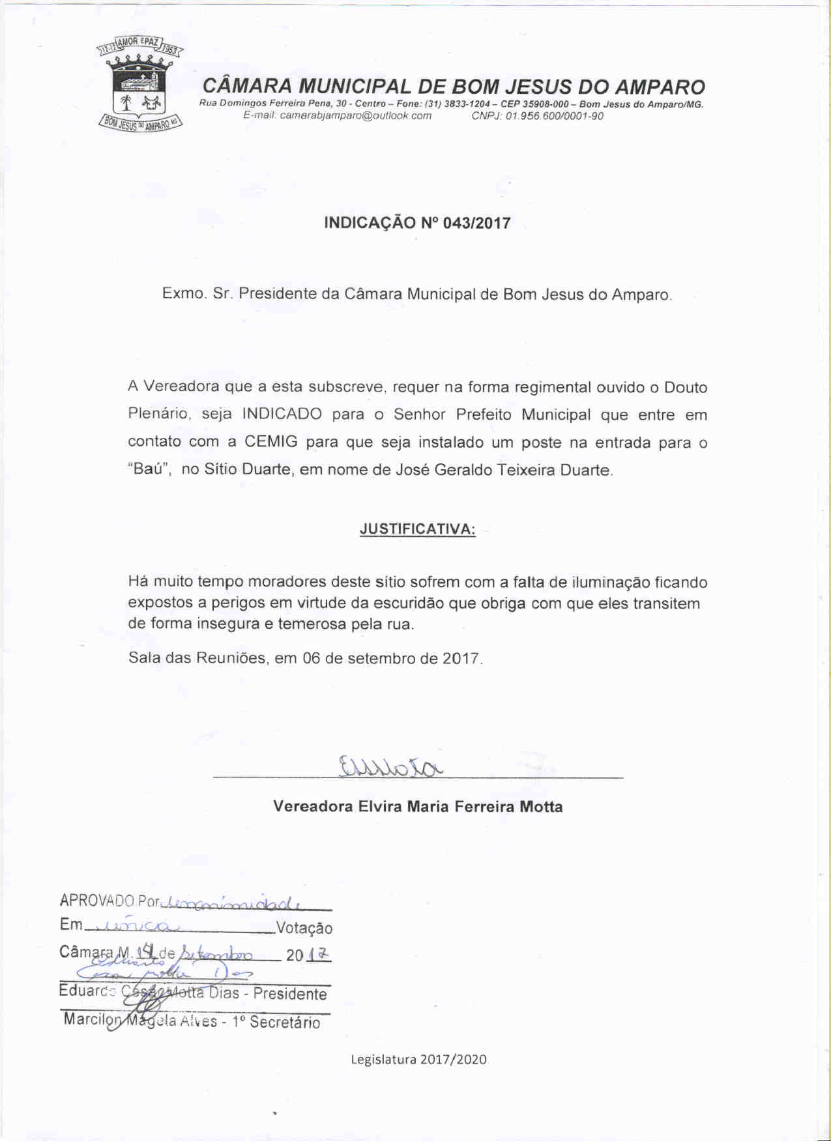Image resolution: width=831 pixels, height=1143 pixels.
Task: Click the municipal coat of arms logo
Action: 140,83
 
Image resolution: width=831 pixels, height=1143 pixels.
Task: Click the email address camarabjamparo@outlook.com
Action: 355,116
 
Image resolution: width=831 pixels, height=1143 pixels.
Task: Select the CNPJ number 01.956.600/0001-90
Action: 554,116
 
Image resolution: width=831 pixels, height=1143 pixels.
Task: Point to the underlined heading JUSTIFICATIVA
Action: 417,529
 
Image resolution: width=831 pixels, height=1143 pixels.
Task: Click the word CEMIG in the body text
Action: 270,442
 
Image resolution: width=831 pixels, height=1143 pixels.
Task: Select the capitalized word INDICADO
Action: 282,414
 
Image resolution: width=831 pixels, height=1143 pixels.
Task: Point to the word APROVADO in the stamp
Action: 96,901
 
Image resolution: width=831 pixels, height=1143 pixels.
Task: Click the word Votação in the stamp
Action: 304,928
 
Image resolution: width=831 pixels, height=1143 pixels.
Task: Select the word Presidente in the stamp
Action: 290,994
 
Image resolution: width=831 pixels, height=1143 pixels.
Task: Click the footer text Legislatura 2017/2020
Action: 418,1060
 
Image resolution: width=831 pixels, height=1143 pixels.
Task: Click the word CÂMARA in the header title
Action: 247,87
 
